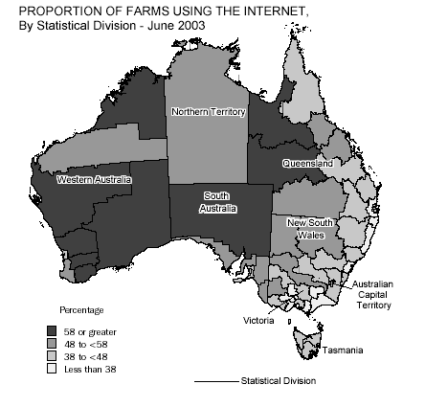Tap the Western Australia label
(x=94, y=179)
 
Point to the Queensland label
(x=307, y=164)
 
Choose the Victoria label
(x=258, y=320)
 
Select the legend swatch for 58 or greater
(x=52, y=331)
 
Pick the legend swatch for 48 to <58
(x=52, y=344)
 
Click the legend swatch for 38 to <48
(x=52, y=356)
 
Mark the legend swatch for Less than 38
(x=52, y=369)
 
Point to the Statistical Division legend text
(x=278, y=380)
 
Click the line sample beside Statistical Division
(x=216, y=381)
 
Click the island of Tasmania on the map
(x=309, y=342)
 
